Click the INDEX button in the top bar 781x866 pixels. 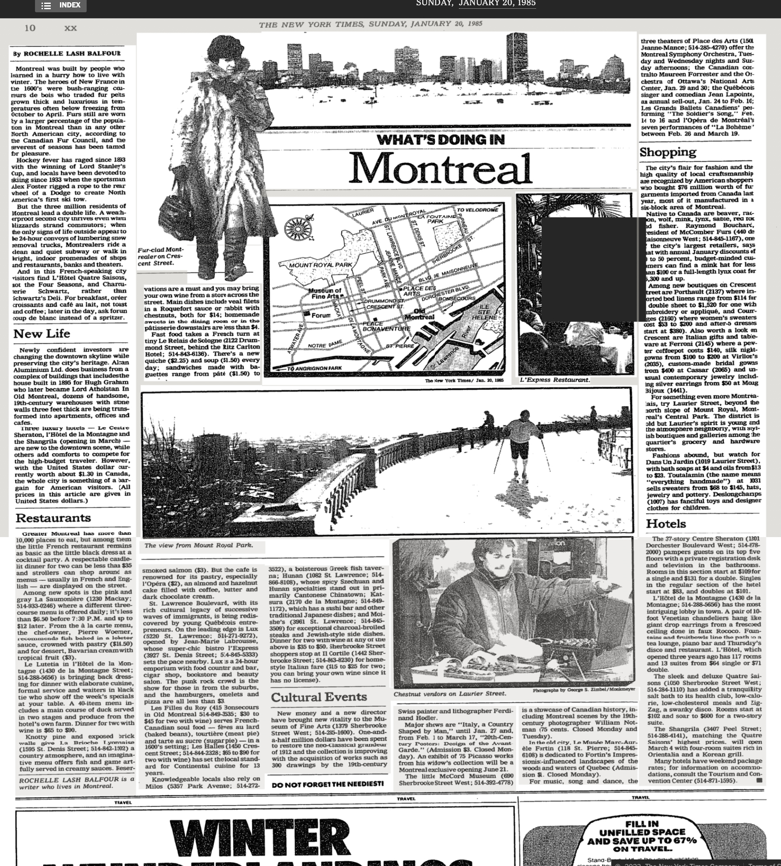click(x=61, y=6)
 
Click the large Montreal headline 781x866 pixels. click(x=440, y=168)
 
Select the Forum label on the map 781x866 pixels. click(x=320, y=315)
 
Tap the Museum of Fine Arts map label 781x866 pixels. click(x=325, y=293)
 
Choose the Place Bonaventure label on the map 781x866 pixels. click(x=386, y=326)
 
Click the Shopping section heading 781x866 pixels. click(x=668, y=152)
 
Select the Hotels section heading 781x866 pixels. click(x=666, y=524)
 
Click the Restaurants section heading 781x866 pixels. click(x=53, y=518)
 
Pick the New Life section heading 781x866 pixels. click(x=42, y=334)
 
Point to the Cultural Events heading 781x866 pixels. click(x=319, y=697)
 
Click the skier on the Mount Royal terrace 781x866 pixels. click(x=523, y=442)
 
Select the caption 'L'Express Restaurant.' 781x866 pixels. click(x=554, y=380)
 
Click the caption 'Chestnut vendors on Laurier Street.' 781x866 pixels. click(x=449, y=693)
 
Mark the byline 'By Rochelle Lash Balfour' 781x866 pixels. click(x=67, y=53)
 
